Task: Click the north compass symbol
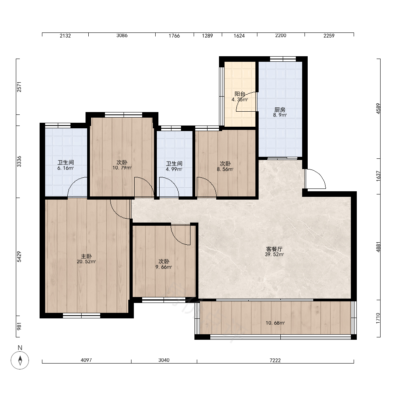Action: pyautogui.click(x=20, y=360)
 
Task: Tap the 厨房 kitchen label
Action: pyautogui.click(x=280, y=110)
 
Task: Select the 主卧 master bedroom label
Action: pyautogui.click(x=86, y=256)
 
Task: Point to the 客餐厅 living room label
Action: pyautogui.click(x=274, y=249)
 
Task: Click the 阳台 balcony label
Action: pyautogui.click(x=240, y=94)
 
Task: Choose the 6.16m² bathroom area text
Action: pyautogui.click(x=65, y=168)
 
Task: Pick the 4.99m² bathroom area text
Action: pyautogui.click(x=174, y=169)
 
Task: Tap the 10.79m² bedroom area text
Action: pyautogui.click(x=122, y=168)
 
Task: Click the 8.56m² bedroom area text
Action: pyautogui.click(x=225, y=169)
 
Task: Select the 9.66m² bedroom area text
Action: pyautogui.click(x=164, y=267)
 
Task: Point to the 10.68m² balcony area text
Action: pyautogui.click(x=275, y=323)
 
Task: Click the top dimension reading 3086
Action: pyautogui.click(x=122, y=36)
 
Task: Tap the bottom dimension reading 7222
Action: pyautogui.click(x=275, y=360)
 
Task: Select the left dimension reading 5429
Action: pyautogui.click(x=19, y=257)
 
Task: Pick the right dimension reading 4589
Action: pyautogui.click(x=378, y=109)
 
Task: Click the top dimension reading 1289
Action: pyautogui.click(x=208, y=36)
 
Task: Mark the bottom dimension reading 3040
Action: pyautogui.click(x=164, y=360)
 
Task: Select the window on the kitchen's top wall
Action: pyautogui.click(x=283, y=59)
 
